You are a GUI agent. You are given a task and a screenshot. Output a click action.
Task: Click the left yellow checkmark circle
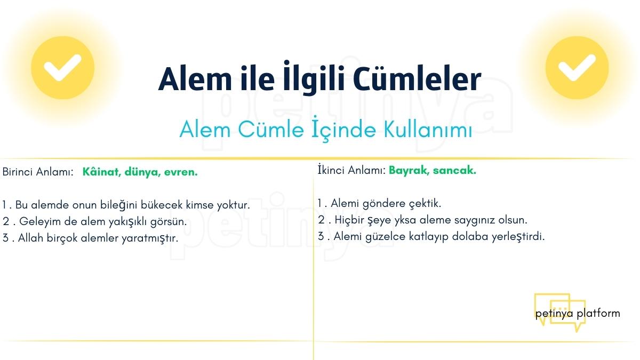click(x=62, y=68)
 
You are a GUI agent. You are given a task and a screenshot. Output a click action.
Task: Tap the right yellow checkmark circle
click(x=577, y=68)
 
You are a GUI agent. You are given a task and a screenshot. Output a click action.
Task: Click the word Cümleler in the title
click(x=417, y=79)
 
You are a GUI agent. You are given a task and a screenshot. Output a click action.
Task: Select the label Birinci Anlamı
click(x=37, y=172)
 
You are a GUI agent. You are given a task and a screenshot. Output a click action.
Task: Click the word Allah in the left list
click(x=30, y=238)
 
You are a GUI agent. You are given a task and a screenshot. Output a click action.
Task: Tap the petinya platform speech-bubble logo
click(x=559, y=313)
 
